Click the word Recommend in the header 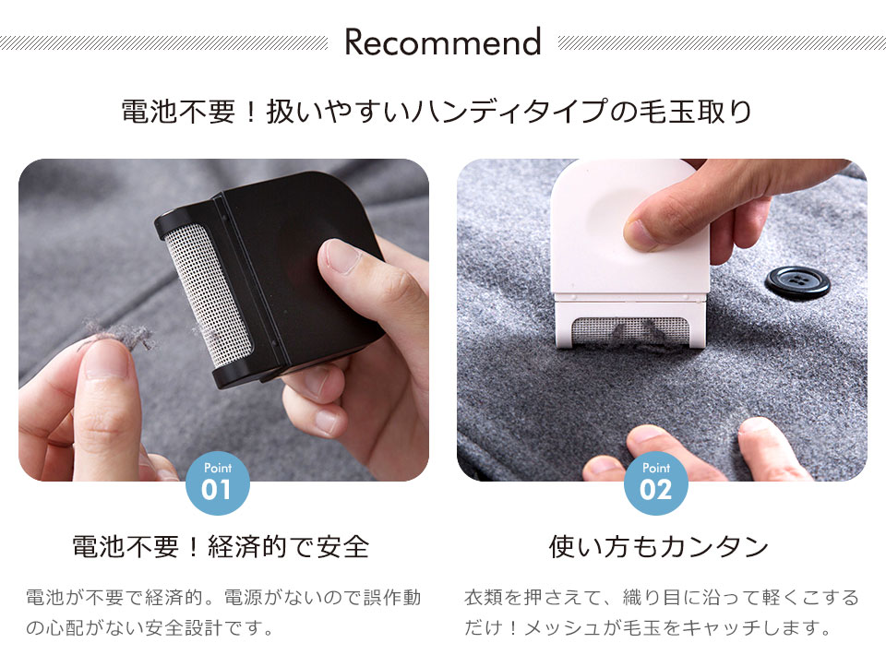coord(443,42)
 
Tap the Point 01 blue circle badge coord(218,483)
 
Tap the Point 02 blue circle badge coord(656,483)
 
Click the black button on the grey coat coord(797,281)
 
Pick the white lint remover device coord(630,254)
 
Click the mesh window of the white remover coord(630,330)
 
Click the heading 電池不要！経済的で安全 coord(221,546)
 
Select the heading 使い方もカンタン coord(658,546)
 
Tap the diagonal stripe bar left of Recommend coord(164,42)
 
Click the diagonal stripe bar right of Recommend coord(722,42)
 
